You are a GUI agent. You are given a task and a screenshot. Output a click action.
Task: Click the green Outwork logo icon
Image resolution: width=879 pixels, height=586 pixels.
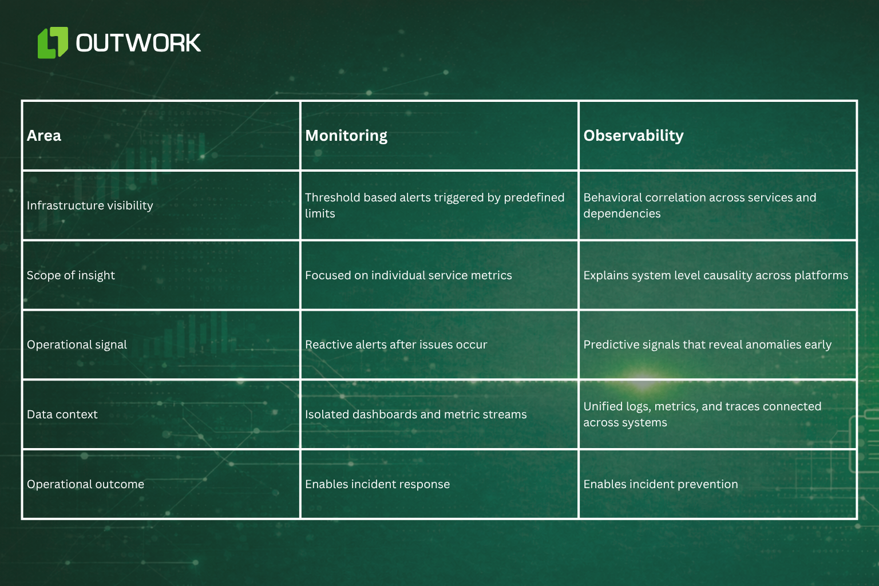tap(53, 43)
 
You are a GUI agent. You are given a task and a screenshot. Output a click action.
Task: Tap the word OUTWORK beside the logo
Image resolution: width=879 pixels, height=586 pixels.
tap(138, 43)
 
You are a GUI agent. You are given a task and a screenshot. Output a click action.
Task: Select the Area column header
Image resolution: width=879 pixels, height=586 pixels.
tap(44, 136)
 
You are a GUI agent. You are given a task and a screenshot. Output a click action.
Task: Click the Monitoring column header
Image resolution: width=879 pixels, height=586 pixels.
tap(346, 136)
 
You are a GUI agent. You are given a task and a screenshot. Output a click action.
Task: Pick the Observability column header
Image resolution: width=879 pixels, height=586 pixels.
tap(633, 136)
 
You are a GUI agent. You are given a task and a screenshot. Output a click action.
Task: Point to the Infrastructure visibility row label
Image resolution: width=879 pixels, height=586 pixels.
tap(90, 205)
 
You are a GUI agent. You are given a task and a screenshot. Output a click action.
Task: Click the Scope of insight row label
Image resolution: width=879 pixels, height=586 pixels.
tap(71, 275)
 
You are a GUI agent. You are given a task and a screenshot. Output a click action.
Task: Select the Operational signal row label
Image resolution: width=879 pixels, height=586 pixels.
tap(77, 345)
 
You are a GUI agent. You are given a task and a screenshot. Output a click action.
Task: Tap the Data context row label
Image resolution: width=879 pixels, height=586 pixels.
tap(62, 414)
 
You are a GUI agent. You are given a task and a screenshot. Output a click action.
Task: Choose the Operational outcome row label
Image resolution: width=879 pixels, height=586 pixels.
tap(85, 484)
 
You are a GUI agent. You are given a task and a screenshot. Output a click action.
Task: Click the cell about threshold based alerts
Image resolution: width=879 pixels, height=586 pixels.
tap(434, 205)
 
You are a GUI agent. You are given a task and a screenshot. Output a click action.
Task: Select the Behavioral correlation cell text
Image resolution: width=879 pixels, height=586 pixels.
tap(699, 205)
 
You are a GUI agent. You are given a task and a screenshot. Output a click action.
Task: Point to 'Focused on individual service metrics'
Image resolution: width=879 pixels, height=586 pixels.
tap(408, 275)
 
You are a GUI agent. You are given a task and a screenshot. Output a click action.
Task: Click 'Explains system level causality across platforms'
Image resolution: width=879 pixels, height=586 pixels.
tap(715, 275)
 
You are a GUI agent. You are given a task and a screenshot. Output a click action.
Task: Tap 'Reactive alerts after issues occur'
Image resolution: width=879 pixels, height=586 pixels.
tap(396, 345)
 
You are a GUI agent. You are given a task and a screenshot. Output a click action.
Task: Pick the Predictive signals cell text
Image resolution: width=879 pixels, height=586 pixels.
tap(707, 345)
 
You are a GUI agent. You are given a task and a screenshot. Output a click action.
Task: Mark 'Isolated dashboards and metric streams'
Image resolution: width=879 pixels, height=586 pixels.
tap(415, 414)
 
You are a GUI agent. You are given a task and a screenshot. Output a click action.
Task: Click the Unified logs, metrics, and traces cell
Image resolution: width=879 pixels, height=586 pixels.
tap(702, 414)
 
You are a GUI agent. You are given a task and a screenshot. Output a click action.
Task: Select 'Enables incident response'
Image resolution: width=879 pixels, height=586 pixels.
tap(377, 484)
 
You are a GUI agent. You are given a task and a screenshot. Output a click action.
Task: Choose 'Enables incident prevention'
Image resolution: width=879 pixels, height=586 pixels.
tap(660, 484)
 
